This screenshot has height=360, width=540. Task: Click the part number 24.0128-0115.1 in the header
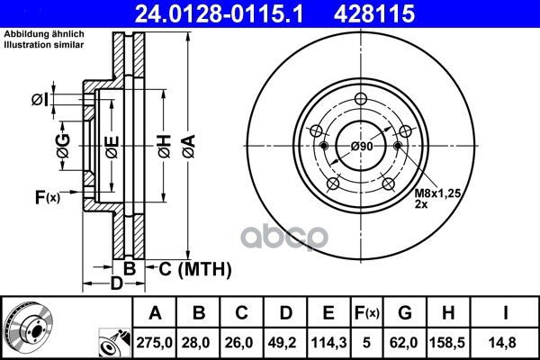point(219,13)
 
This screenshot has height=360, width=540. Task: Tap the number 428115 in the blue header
point(374,13)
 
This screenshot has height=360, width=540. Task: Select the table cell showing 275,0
point(154,342)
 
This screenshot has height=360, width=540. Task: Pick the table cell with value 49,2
point(285,342)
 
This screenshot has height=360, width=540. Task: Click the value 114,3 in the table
point(328,342)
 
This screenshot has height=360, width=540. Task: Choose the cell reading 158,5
point(447,342)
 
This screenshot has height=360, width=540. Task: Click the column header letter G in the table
point(405,312)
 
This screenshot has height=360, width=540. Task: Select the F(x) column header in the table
point(367,313)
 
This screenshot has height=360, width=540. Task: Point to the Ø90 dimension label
point(362,147)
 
